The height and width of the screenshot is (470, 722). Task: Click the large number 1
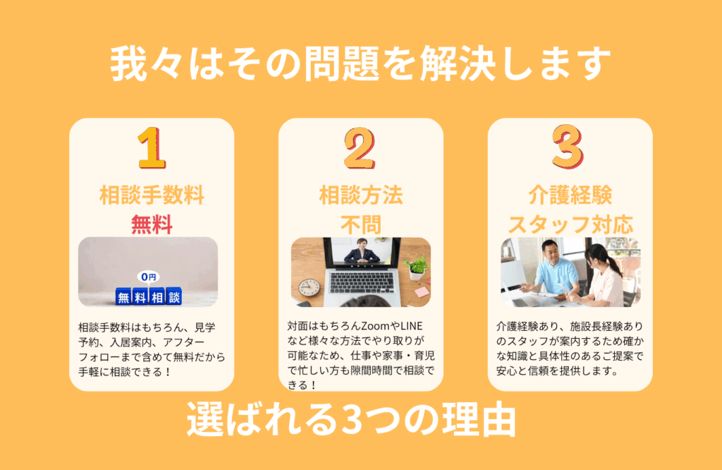[x=152, y=148]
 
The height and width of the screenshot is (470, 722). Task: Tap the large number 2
[x=360, y=148]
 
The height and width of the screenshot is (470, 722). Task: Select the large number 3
[x=568, y=147]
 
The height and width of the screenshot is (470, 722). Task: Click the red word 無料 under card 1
[x=152, y=224]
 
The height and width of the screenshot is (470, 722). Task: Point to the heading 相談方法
[x=361, y=195]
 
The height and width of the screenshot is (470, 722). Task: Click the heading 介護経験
[x=570, y=195]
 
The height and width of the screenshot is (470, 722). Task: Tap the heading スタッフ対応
[x=570, y=225]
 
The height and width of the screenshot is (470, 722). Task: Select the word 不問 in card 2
[x=361, y=225]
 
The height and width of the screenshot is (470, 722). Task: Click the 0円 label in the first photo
[x=148, y=277]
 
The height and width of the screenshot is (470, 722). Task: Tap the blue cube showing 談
[x=174, y=296]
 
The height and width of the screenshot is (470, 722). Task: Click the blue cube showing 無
[x=123, y=297]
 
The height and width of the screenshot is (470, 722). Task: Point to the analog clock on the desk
[x=309, y=288]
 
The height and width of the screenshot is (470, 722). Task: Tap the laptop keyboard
[x=362, y=283]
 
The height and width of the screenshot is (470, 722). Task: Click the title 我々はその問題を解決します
[x=360, y=63]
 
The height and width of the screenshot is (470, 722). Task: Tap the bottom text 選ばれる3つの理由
[x=351, y=419]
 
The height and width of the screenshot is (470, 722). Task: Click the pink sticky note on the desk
[x=422, y=292]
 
